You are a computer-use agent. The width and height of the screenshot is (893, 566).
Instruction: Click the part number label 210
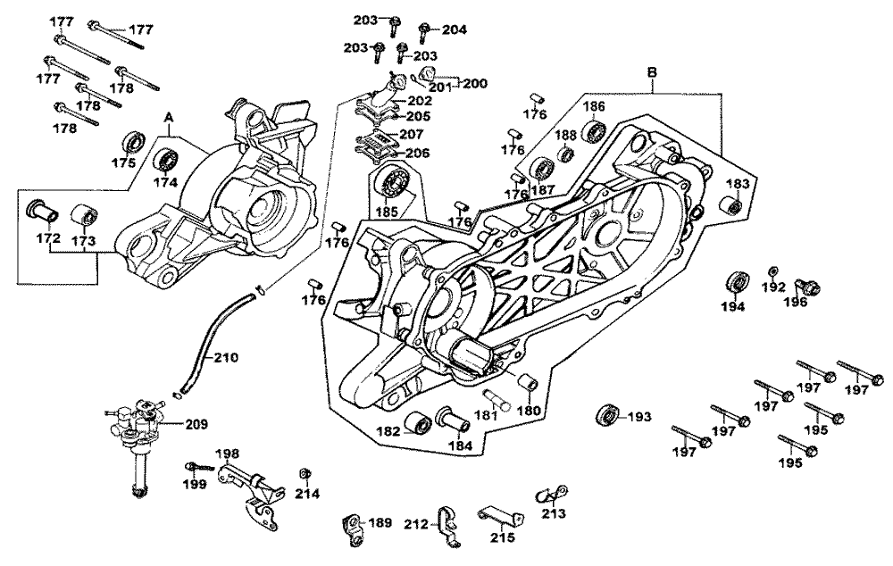point(227,359)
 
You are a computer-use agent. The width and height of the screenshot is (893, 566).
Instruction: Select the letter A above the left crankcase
point(168,118)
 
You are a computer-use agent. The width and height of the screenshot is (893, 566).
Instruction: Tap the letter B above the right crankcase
point(652,71)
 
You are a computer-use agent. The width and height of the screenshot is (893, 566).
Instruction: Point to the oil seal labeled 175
point(134,141)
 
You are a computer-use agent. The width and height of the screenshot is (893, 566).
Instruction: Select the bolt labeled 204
point(423,29)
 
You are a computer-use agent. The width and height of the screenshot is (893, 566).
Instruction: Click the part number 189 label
point(380,523)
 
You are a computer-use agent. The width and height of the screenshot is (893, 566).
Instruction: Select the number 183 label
point(737,184)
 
